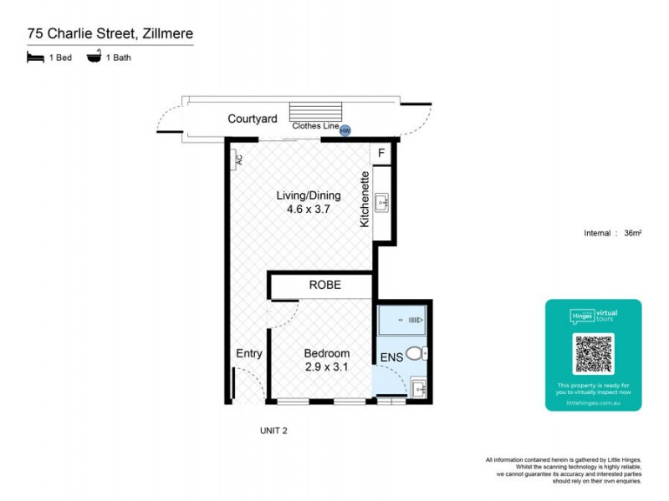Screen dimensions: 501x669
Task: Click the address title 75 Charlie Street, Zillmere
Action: click(109, 34)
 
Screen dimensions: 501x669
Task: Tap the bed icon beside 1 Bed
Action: click(35, 58)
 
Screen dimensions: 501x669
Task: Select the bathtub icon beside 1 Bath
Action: click(94, 58)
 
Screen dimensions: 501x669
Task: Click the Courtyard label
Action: click(253, 119)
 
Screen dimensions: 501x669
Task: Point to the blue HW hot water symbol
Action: click(345, 131)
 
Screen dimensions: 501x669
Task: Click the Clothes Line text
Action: click(314, 126)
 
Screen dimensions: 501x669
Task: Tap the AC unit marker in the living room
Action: click(237, 159)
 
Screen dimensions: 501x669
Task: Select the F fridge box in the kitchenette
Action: click(381, 153)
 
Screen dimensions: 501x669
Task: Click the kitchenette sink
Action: click(381, 201)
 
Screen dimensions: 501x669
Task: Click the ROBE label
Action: click(325, 285)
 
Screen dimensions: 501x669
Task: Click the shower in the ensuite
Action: click(403, 320)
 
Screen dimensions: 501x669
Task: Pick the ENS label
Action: click(391, 357)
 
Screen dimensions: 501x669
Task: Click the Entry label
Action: click(249, 354)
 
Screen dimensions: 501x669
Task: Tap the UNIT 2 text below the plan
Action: click(273, 431)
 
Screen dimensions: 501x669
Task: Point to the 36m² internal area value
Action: click(633, 233)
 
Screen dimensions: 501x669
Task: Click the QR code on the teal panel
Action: click(593, 353)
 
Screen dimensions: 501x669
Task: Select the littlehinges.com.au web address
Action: click(593, 402)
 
